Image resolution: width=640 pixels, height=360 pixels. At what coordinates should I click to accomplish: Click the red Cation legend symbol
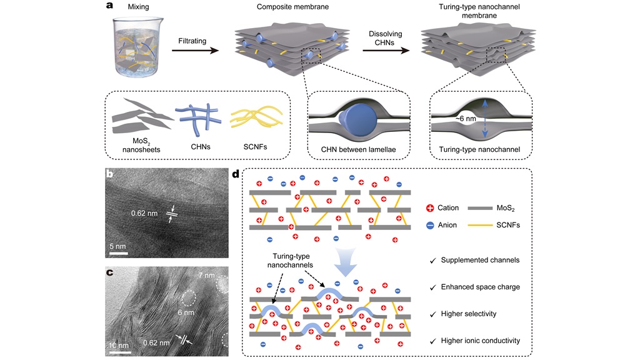coord(429,207)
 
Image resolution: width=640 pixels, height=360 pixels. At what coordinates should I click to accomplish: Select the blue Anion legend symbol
coord(429,227)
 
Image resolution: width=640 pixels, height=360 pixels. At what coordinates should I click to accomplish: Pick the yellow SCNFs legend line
coord(483,227)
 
